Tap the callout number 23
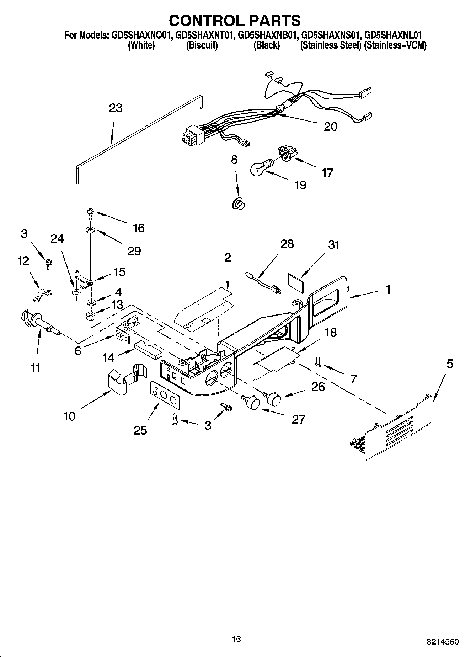(x=116, y=108)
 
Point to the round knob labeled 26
(x=274, y=398)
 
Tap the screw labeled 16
(x=90, y=215)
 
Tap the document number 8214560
(x=442, y=642)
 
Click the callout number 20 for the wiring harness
(x=330, y=126)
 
